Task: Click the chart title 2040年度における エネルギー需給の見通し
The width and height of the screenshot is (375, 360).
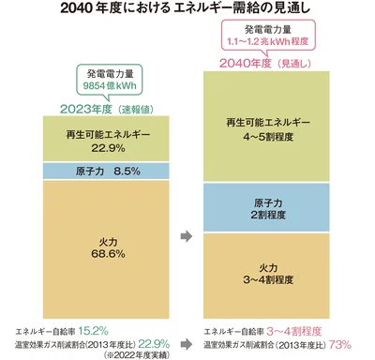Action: click(x=187, y=11)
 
